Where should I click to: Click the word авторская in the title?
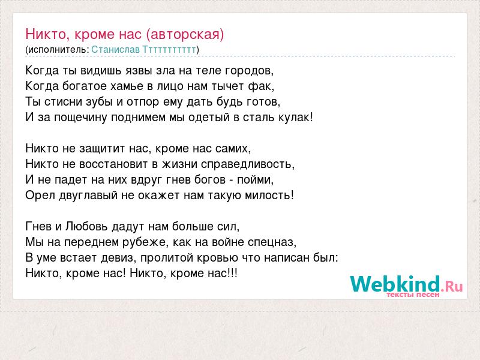click(185, 34)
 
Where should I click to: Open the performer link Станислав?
click(115, 50)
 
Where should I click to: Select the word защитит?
click(102, 149)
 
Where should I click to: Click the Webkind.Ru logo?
click(406, 284)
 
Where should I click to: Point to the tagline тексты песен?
click(413, 295)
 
